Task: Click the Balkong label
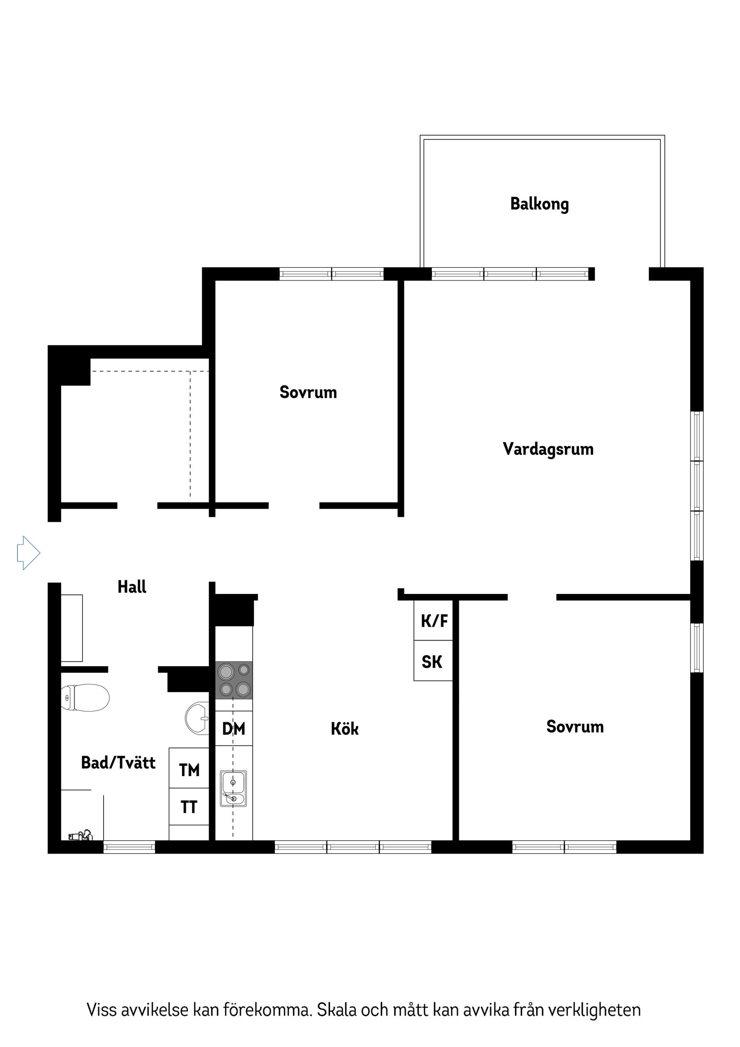click(539, 204)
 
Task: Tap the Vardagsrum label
click(548, 449)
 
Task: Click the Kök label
click(344, 729)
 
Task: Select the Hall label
click(132, 587)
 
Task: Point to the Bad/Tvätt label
click(118, 763)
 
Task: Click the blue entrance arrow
click(28, 553)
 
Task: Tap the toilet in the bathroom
click(85, 697)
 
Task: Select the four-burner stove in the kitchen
click(234, 680)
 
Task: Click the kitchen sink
click(233, 789)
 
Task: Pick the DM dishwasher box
click(234, 728)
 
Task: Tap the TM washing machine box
click(189, 770)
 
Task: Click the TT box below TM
click(189, 807)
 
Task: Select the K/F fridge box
click(433, 621)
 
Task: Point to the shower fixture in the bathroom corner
click(80, 836)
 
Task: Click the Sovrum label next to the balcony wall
click(308, 392)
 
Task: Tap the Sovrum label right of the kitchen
click(575, 726)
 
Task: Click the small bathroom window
click(129, 847)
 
